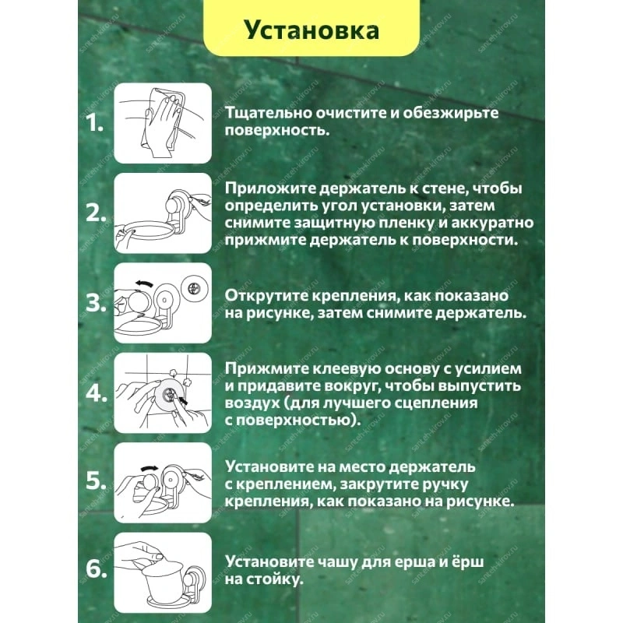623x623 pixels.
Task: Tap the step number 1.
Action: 94,123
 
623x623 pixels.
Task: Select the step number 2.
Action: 96,213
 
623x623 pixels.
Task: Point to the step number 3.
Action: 96,303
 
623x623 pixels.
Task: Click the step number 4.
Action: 96,393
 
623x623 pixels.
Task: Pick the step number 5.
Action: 96,480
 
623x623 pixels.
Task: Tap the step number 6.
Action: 96,568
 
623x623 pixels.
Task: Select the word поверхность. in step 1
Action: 277,130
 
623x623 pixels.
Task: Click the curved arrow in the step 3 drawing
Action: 144,283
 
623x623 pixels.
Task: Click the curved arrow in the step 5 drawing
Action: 150,467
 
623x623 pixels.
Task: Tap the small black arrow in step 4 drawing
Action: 183,400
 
